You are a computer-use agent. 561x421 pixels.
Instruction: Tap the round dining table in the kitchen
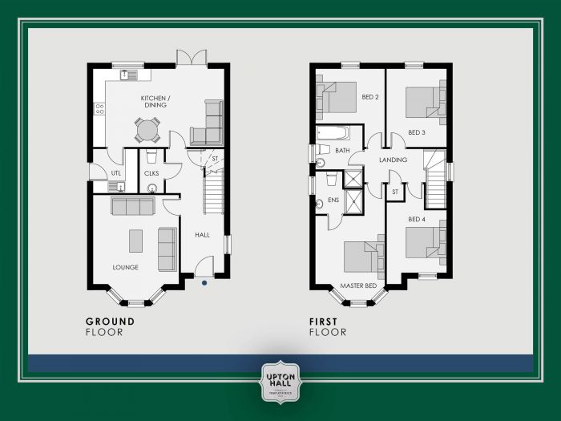[147, 128]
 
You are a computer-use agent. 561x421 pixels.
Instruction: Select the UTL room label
[115, 172]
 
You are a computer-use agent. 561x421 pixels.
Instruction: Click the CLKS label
[151, 172]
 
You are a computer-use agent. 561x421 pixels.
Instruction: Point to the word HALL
[202, 235]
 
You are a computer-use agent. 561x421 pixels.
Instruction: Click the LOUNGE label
[125, 267]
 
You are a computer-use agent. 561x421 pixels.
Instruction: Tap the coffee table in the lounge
[135, 241]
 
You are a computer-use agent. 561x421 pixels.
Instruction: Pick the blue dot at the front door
[205, 281]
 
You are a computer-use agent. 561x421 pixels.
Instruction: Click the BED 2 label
[369, 97]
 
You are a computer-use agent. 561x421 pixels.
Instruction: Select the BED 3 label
[415, 132]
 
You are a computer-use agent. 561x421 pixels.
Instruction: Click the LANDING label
[393, 160]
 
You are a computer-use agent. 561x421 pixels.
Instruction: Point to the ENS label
[333, 200]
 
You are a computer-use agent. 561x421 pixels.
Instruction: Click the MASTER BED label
[358, 285]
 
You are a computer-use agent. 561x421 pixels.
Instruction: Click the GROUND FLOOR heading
[110, 326]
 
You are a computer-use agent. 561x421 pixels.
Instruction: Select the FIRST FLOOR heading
[328, 326]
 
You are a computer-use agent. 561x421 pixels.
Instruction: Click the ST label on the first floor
[395, 192]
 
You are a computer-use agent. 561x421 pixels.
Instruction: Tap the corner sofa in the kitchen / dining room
[209, 124]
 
